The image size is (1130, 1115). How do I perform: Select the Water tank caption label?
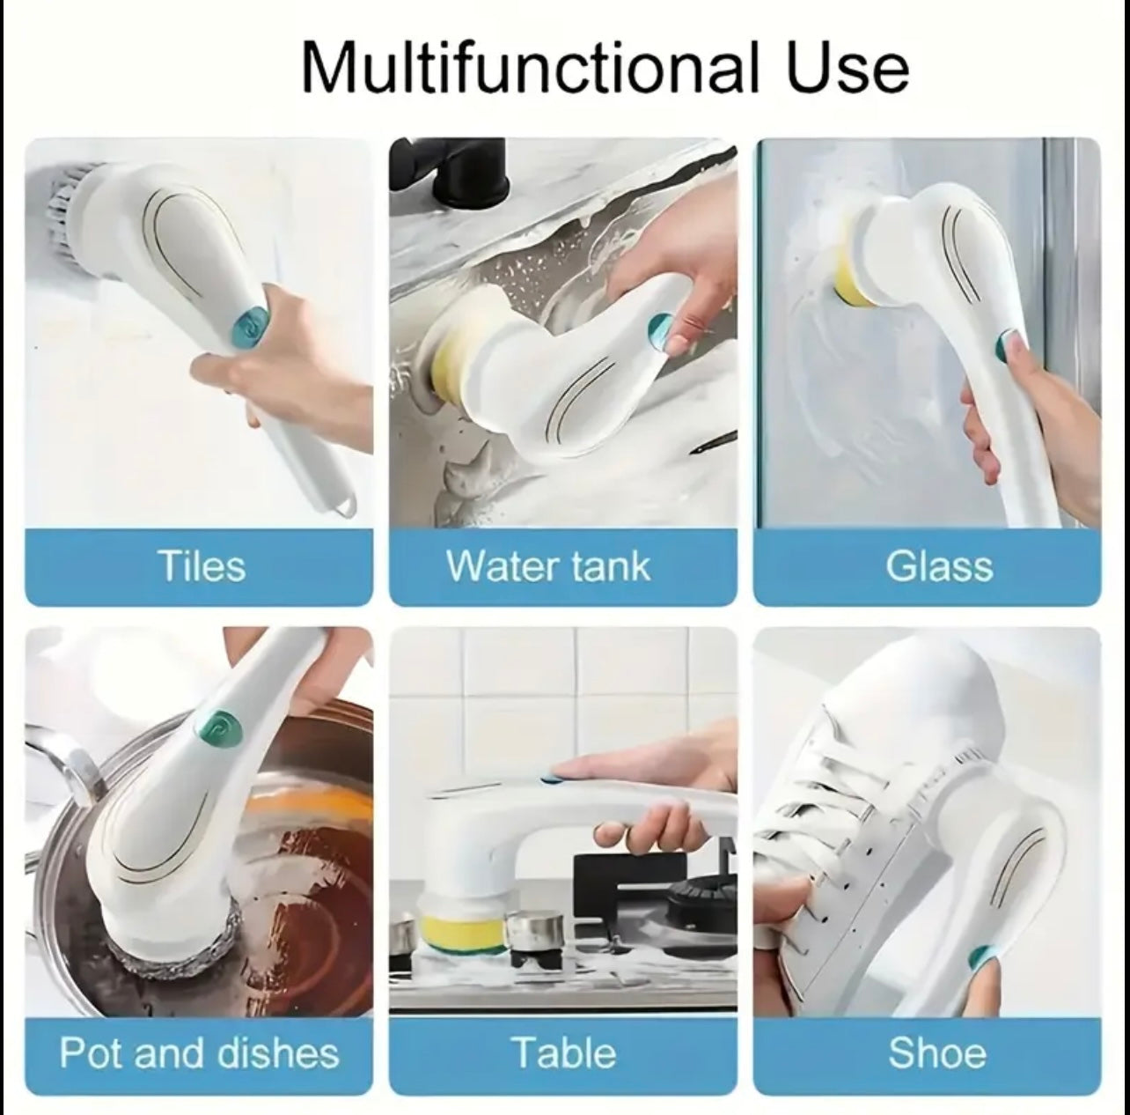click(x=548, y=565)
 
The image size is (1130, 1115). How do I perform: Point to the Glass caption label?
click(x=939, y=566)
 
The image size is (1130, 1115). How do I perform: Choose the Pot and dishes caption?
click(x=200, y=1037)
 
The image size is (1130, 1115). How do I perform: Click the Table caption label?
click(x=565, y=1037)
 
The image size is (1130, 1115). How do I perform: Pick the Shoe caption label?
click(x=937, y=1037)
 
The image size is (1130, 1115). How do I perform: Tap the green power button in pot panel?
click(x=217, y=727)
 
